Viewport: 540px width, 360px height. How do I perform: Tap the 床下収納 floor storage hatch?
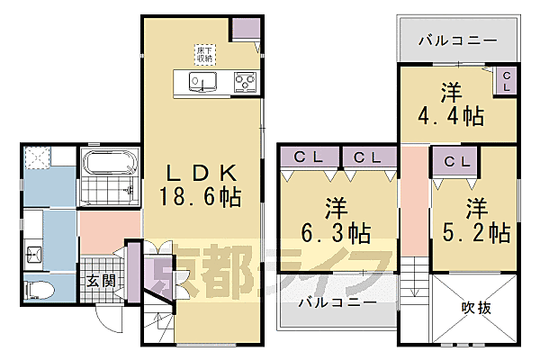(x=204, y=52)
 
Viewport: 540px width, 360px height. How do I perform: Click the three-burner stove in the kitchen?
(x=245, y=83)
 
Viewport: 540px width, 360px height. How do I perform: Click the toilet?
(x=37, y=289)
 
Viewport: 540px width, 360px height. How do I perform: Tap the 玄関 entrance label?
(x=101, y=281)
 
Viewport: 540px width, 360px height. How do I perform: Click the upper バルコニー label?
(x=458, y=40)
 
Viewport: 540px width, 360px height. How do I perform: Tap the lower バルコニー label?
(x=337, y=303)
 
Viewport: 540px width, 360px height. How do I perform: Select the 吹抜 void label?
(x=477, y=308)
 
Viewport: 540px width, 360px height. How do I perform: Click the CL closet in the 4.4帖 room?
(x=506, y=81)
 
